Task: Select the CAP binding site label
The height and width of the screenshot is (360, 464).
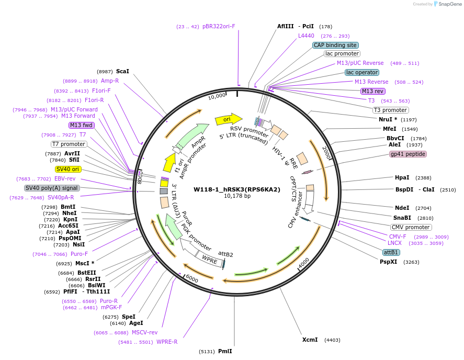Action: click(x=335, y=45)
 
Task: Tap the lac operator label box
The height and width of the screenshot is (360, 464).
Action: click(x=362, y=72)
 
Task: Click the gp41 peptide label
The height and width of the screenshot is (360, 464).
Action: click(x=408, y=154)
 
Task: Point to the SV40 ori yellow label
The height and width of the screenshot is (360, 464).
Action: click(x=69, y=169)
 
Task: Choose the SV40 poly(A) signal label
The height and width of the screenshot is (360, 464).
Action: click(x=52, y=188)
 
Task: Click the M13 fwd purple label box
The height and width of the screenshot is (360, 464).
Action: click(x=81, y=125)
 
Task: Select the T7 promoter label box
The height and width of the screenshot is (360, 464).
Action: click(x=69, y=144)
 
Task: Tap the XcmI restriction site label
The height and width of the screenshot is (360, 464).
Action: click(x=310, y=340)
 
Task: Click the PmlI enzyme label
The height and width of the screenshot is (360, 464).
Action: click(x=225, y=351)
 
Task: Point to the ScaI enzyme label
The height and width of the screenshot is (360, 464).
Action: click(x=122, y=71)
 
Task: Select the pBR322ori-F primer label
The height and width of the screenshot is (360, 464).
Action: click(x=219, y=26)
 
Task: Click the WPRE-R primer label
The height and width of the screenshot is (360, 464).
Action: click(x=167, y=342)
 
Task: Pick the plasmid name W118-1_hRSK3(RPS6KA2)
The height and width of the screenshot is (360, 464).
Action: click(x=237, y=189)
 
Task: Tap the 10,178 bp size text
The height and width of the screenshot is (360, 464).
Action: click(x=237, y=196)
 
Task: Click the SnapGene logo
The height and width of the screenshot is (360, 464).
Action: click(x=446, y=4)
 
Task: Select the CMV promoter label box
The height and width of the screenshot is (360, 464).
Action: click(x=411, y=227)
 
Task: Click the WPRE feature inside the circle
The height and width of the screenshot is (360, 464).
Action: click(x=209, y=260)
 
